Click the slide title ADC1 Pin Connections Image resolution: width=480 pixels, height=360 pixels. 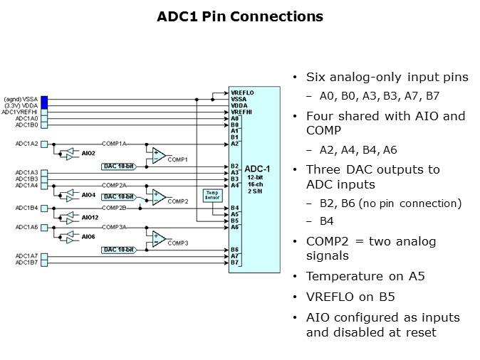click(x=239, y=16)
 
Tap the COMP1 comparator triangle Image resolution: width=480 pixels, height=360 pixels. click(x=158, y=154)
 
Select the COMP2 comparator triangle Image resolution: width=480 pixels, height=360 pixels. click(x=158, y=196)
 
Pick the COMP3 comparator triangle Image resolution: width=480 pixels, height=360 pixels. click(x=158, y=237)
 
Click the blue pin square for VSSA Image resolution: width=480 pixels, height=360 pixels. click(x=44, y=99)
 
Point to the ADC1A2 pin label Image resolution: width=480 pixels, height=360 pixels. click(x=26, y=144)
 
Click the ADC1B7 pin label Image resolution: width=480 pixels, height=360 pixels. click(x=26, y=263)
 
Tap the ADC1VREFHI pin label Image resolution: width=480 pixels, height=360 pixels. click(x=21, y=112)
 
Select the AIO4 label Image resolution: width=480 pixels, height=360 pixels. click(x=88, y=194)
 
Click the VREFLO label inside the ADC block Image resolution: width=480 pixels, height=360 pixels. click(x=242, y=92)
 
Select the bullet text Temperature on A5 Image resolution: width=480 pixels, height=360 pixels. click(x=365, y=275)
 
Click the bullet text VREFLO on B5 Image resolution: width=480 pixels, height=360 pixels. click(x=352, y=296)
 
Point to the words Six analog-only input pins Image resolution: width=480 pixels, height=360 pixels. click(x=377, y=77)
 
